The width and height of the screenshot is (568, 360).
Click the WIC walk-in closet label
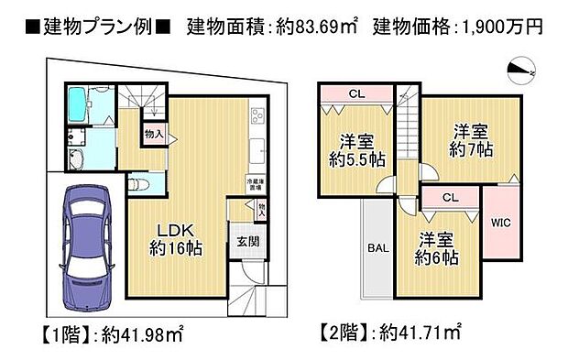tap(500, 222)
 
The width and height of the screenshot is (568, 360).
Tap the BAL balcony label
tap(377, 247)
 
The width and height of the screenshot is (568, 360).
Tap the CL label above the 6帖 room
tap(450, 198)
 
